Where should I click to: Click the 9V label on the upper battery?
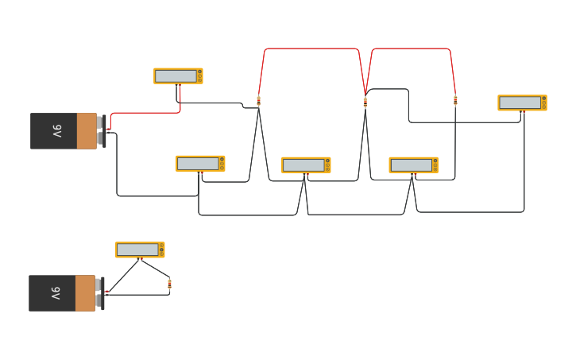(x=57, y=131)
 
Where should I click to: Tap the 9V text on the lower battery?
(x=56, y=293)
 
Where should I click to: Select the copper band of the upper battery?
(x=87, y=131)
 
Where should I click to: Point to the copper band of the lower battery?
(x=85, y=293)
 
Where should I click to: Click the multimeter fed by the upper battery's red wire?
(x=178, y=75)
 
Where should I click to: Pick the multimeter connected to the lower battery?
(x=140, y=250)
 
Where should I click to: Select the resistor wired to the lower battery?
(x=169, y=284)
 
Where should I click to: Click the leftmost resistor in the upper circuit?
(x=258, y=101)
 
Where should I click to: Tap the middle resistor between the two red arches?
(x=365, y=102)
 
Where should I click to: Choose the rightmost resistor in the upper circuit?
(x=455, y=101)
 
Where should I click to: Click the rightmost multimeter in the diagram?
(x=522, y=103)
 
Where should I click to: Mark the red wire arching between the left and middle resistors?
(x=311, y=48)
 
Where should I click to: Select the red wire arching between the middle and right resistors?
(x=411, y=48)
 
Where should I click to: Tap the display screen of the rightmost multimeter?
(x=520, y=103)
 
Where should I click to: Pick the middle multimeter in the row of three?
(x=306, y=165)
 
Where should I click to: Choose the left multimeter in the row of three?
(x=200, y=164)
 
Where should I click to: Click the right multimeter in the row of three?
(x=413, y=165)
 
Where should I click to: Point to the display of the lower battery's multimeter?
(x=137, y=250)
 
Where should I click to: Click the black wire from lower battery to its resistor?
(x=139, y=295)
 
